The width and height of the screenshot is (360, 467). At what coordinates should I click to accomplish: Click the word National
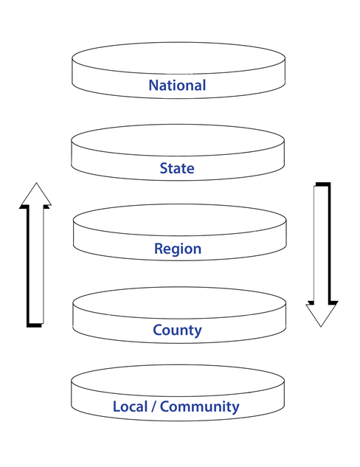click(x=177, y=86)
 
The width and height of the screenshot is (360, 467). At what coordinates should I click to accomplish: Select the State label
click(x=177, y=169)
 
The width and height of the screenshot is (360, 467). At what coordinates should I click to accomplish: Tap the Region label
click(x=178, y=249)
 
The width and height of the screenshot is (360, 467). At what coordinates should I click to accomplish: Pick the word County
click(x=177, y=330)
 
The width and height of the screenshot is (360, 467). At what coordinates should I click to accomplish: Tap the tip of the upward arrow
click(x=35, y=184)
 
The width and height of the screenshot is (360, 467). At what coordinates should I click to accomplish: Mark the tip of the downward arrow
click(x=322, y=325)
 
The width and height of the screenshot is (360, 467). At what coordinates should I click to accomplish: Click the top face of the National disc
click(x=178, y=57)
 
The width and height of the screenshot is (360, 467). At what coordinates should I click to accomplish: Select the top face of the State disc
click(x=178, y=139)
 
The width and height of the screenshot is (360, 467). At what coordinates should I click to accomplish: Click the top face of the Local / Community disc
click(x=178, y=378)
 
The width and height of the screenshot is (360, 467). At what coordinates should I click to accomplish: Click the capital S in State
click(x=164, y=169)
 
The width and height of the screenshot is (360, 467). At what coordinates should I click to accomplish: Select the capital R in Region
click(x=159, y=249)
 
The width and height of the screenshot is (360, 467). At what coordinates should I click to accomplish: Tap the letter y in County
click(x=198, y=331)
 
